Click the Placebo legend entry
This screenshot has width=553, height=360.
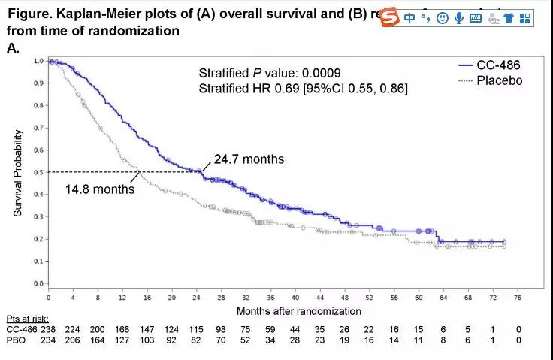tap(499, 80)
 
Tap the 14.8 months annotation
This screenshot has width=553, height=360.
tap(100, 189)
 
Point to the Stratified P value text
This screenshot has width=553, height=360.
tap(270, 73)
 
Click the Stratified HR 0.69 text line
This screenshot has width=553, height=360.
tap(304, 89)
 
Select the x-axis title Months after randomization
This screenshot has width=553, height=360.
tap(299, 310)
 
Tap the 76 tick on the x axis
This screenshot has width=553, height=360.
tap(517, 297)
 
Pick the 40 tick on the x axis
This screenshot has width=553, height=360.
tap(295, 297)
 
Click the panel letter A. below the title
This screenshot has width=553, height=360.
tap(13, 47)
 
